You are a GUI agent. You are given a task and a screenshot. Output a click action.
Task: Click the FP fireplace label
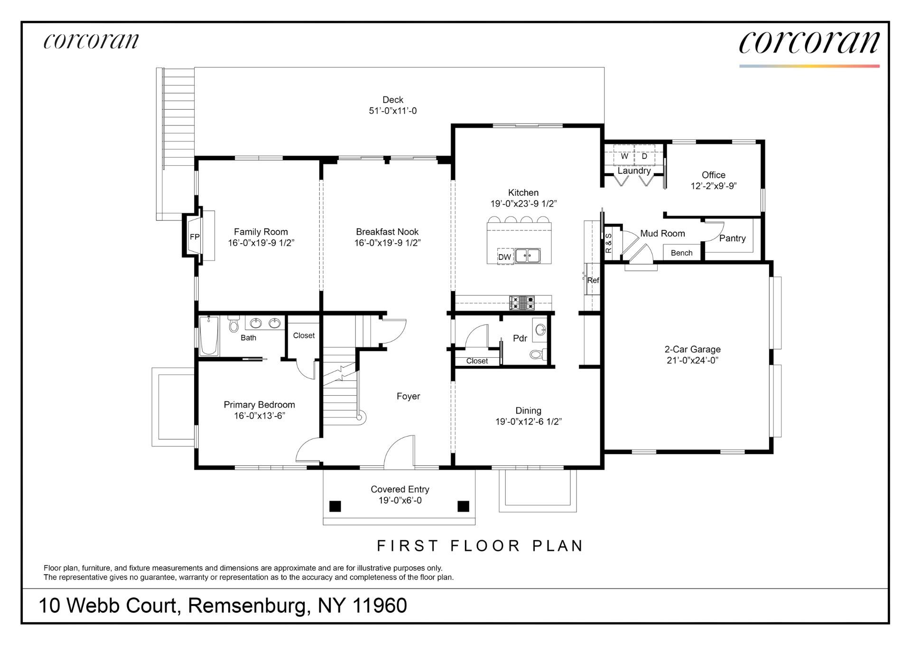click(x=195, y=237)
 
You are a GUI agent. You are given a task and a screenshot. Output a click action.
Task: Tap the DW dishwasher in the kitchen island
click(x=504, y=257)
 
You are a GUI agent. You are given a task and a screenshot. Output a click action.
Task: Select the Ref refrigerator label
click(x=593, y=280)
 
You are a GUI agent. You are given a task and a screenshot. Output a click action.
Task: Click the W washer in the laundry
click(x=624, y=156)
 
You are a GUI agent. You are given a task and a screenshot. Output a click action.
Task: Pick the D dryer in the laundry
click(x=644, y=156)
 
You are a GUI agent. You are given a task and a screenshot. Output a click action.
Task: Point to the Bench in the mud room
click(x=681, y=253)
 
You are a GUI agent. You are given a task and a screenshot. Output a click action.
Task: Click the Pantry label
click(x=732, y=238)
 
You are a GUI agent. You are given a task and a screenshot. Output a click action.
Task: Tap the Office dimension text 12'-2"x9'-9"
click(x=713, y=186)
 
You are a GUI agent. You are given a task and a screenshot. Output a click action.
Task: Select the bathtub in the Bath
click(x=208, y=336)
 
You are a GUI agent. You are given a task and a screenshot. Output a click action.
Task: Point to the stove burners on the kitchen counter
click(x=522, y=303)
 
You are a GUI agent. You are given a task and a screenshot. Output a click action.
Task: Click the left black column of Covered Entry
click(x=335, y=506)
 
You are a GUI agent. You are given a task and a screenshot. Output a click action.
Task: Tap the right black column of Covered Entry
click(x=463, y=506)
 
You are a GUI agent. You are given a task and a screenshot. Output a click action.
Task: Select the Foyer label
click(x=408, y=396)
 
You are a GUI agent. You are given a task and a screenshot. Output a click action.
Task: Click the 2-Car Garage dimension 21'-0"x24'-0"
click(x=692, y=360)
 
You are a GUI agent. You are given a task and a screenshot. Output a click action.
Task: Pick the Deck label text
click(x=393, y=100)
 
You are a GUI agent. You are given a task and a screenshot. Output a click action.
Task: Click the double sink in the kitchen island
click(x=528, y=256)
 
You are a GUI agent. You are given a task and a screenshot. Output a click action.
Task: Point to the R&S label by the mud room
click(x=609, y=242)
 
